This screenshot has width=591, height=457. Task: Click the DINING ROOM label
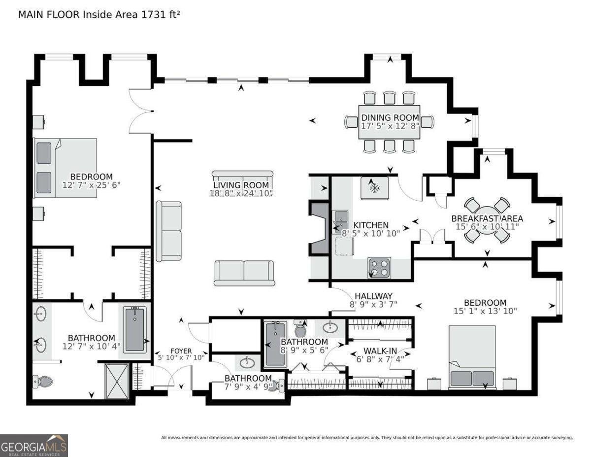pyautogui.click(x=390, y=117)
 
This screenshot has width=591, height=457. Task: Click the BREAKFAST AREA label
pyautogui.click(x=487, y=218)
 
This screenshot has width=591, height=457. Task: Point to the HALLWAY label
pyautogui.click(x=373, y=296)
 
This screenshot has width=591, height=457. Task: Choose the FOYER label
pyautogui.click(x=177, y=352)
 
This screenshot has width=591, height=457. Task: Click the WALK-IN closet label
pyautogui.click(x=373, y=351)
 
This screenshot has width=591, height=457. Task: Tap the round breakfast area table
pyautogui.click(x=487, y=220)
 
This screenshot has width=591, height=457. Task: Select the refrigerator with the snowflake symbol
pyautogui.click(x=374, y=188)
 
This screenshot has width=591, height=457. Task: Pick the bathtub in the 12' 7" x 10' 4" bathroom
pyautogui.click(x=135, y=329)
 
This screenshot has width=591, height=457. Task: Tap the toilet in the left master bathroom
pyautogui.click(x=43, y=381)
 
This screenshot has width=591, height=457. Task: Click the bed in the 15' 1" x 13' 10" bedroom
pyautogui.click(x=472, y=356)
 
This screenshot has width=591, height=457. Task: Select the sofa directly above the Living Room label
pyautogui.click(x=242, y=176)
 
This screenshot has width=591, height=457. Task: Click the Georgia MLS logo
pyautogui.click(x=33, y=445)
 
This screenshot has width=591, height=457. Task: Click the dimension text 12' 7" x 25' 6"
pyautogui.click(x=91, y=185)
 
